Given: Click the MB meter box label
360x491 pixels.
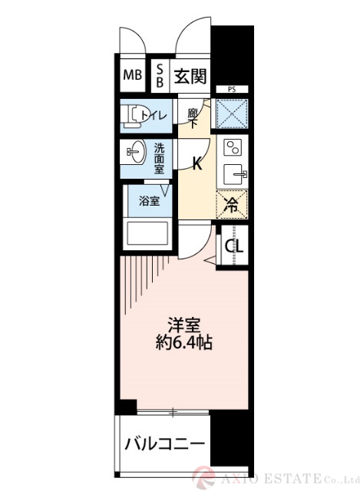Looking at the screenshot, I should (132, 76).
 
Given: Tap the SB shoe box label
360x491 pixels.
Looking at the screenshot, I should (160, 75).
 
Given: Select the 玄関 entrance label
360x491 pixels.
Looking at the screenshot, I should (189, 75).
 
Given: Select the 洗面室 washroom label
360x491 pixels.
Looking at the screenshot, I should (158, 158).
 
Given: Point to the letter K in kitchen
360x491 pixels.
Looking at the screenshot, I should (197, 163).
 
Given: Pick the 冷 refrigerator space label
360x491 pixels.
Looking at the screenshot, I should (232, 205).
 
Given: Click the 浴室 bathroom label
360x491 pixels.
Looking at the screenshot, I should (149, 202).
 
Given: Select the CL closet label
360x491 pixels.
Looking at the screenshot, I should (234, 247).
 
